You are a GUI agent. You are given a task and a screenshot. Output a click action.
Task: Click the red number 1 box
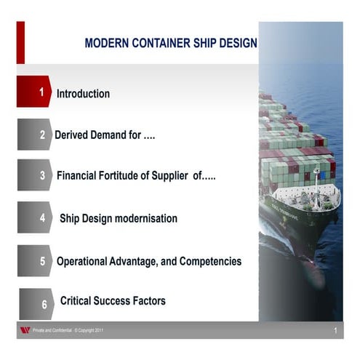[33, 92]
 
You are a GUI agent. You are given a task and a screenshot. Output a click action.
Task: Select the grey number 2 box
[34, 135]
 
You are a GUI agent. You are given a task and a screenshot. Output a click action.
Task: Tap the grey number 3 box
[34, 175]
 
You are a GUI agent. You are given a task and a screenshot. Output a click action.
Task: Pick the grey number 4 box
[34, 217]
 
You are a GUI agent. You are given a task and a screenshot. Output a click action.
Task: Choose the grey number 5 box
[34, 260]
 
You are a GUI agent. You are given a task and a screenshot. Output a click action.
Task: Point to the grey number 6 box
[36, 303]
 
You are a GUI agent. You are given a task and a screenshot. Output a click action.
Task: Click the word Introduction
[83, 94]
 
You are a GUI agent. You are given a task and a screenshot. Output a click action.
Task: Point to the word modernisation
[147, 218]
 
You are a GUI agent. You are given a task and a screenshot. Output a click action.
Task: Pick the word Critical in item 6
[78, 300]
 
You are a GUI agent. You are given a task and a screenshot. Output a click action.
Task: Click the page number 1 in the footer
[335, 331]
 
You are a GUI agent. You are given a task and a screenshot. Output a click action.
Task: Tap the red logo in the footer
[25, 331]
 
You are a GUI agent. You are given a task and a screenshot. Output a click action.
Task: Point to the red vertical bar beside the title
[20, 42]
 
